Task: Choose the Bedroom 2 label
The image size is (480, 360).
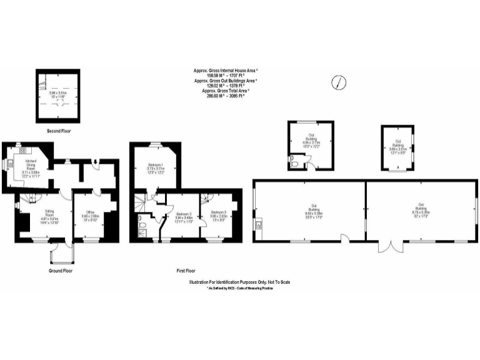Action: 183,216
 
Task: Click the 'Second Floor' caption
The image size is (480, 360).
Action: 61,131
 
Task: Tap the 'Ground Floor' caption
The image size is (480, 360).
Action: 61,271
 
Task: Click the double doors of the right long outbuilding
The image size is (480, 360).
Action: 391,246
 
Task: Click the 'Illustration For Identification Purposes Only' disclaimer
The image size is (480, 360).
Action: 239,282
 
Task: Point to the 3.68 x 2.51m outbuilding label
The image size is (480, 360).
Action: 398,146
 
